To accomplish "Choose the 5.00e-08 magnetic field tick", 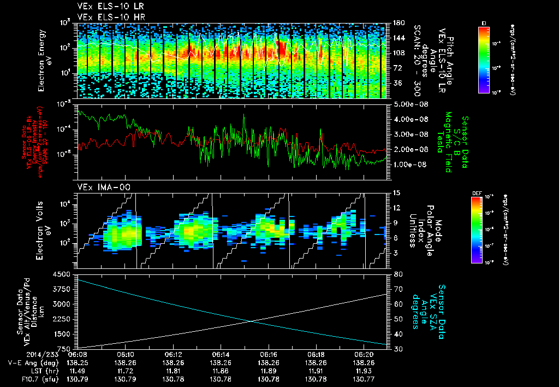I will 410,104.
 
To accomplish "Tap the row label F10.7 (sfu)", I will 26,379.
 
